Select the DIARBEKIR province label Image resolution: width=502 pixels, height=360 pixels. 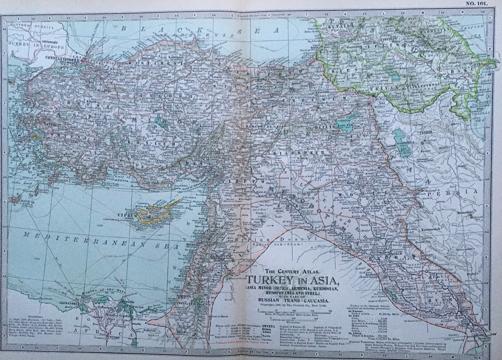coord(292,152)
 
